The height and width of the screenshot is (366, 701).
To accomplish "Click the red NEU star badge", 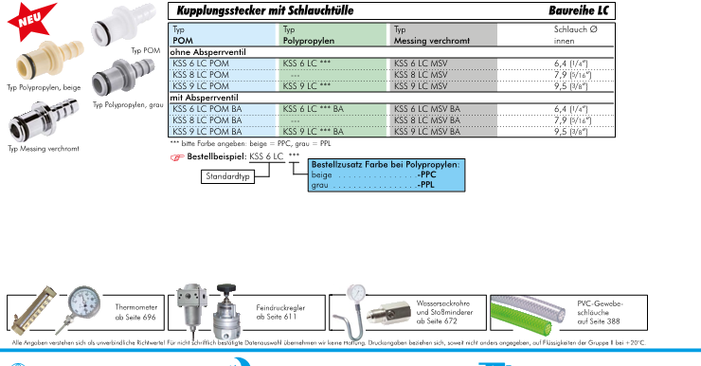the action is click(31, 20).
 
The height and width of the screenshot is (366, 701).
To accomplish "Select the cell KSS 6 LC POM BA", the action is click(207, 109).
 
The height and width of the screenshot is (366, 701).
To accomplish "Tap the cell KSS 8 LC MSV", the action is click(421, 75).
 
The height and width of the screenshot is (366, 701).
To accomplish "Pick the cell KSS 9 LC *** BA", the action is click(313, 132).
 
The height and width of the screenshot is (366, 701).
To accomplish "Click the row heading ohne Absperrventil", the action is click(207, 52).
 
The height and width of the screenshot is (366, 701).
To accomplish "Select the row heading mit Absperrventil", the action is click(204, 98).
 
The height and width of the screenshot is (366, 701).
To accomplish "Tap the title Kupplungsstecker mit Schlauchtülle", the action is click(265, 10).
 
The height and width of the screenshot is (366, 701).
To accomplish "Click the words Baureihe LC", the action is click(579, 10).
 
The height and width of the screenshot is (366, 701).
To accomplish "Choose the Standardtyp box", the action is click(227, 176).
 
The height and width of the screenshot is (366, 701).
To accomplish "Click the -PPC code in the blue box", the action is click(426, 174).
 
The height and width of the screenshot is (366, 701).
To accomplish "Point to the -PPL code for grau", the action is click(425, 184).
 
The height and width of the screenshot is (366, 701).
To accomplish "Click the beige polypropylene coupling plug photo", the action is click(49, 61).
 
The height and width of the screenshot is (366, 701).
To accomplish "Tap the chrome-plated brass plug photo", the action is click(43, 120).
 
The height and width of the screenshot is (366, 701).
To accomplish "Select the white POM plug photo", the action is click(123, 25).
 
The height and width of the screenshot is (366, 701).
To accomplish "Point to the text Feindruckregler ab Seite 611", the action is click(280, 312).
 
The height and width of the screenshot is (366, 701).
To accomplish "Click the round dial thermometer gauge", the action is click(84, 302).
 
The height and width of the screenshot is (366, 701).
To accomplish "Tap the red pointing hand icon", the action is click(177, 157).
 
